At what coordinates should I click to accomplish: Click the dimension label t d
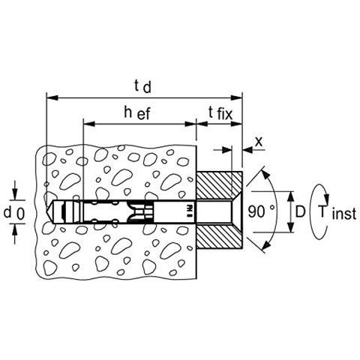coord(142,87)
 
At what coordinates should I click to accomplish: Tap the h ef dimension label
coord(137,113)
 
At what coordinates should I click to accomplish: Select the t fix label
coord(220,113)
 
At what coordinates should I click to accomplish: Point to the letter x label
coord(259,142)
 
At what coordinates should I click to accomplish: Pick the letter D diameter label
coord(301,212)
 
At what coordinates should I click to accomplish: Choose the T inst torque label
coord(337,213)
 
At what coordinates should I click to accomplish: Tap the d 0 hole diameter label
coord(14,213)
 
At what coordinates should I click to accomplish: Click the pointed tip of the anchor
coord(47,211)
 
